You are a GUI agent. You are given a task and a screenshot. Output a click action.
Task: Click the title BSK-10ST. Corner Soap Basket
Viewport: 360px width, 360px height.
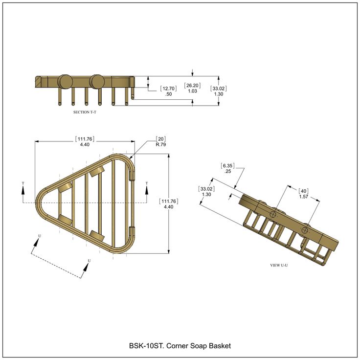coord(180,346)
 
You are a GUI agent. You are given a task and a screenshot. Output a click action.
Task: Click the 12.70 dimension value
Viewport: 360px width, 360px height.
coord(168,89)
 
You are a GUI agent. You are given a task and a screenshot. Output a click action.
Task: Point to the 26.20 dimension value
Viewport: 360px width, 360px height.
coord(192,86)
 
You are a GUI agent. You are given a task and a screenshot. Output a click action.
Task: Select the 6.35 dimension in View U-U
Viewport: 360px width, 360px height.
coord(227,166)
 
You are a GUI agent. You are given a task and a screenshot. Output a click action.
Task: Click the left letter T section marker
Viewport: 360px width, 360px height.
coord(23,184)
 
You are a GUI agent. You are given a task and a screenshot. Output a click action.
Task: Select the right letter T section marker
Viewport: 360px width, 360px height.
coord(147,184)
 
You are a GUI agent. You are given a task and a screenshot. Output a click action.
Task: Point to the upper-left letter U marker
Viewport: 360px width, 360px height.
coord(39,236)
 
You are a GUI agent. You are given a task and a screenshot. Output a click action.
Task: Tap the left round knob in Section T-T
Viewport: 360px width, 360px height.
coord(65,81)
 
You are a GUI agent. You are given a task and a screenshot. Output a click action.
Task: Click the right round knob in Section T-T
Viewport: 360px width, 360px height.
coord(97,81)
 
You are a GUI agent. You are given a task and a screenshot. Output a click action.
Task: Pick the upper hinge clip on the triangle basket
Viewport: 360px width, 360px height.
coord(132,175)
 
